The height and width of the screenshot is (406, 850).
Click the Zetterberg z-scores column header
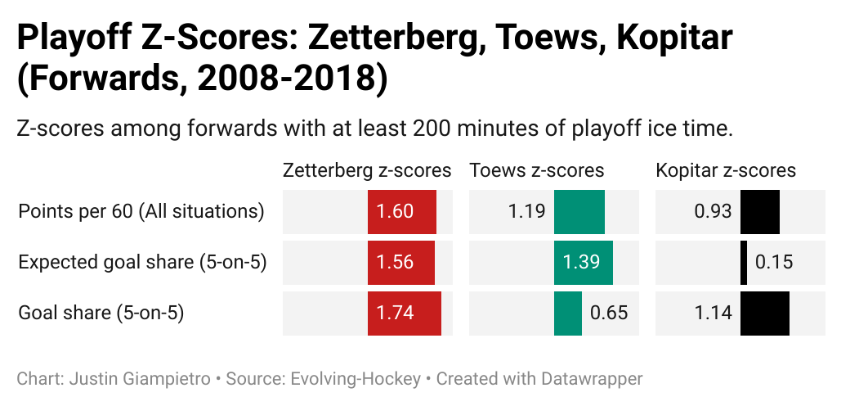point(367,170)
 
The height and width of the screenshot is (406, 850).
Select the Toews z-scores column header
point(536,170)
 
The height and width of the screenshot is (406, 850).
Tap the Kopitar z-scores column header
point(726,170)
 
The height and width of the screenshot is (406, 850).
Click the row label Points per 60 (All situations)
point(141,211)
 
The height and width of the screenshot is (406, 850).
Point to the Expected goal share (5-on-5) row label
point(143,262)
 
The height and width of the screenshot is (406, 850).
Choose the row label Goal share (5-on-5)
point(101,313)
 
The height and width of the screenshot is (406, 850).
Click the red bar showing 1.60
point(402,212)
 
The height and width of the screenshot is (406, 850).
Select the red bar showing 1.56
point(401,263)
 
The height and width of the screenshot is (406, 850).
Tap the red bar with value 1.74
point(405,313)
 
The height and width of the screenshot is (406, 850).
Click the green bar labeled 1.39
point(584,263)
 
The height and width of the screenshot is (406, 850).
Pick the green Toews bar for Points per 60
point(579,212)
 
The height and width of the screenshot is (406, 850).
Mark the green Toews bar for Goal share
point(568,313)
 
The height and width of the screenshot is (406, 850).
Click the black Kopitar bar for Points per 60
point(760,212)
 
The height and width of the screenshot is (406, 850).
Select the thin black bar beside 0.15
point(744,263)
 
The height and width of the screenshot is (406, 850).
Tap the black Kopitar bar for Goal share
point(765,313)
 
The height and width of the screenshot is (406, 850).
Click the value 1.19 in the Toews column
point(526,212)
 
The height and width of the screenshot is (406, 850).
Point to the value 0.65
point(609,313)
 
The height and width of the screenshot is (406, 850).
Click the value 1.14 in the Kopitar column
point(713,313)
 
